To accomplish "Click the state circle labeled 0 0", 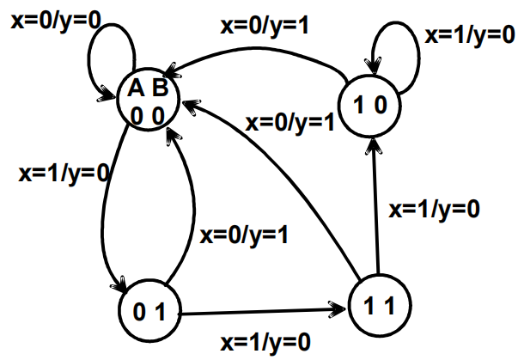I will click(x=150, y=102).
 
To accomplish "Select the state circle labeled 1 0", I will click(x=372, y=105).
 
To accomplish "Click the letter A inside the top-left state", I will click(x=136, y=88).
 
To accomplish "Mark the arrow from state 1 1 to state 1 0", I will click(x=375, y=206).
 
